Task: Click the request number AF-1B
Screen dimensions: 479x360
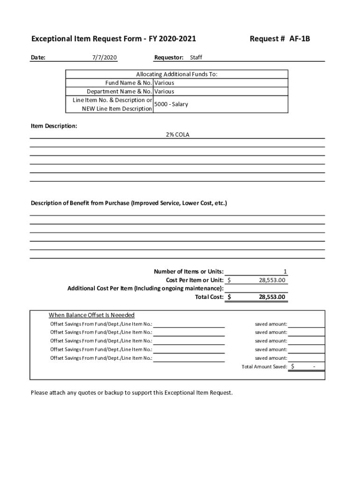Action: pyautogui.click(x=299, y=39)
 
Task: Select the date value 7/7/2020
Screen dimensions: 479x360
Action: pyautogui.click(x=104, y=58)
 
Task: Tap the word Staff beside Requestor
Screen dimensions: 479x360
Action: pyautogui.click(x=196, y=58)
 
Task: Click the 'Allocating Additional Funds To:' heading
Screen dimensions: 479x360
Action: pyautogui.click(x=177, y=74)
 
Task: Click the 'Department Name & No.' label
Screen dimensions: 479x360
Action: pyautogui.click(x=119, y=92)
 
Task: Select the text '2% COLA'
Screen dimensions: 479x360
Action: pyautogui.click(x=178, y=135)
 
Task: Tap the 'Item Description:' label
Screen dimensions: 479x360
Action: pyautogui.click(x=54, y=126)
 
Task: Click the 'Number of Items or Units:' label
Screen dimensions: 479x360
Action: pyautogui.click(x=188, y=272)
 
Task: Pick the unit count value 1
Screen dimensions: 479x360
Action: pyautogui.click(x=285, y=272)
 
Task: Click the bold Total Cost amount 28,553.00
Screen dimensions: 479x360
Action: pyautogui.click(x=272, y=297)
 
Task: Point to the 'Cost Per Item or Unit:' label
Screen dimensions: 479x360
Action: pyautogui.click(x=194, y=280)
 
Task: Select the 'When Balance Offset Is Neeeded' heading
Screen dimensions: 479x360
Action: pyautogui.click(x=92, y=315)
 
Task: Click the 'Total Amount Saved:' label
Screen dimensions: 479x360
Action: pyautogui.click(x=264, y=367)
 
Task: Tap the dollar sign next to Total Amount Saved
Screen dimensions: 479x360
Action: pyautogui.click(x=293, y=367)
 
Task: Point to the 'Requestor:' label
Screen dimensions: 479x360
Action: pyautogui.click(x=169, y=58)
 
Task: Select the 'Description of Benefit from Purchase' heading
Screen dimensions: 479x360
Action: pyautogui.click(x=129, y=203)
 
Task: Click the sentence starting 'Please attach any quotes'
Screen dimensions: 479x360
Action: pyautogui.click(x=131, y=392)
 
